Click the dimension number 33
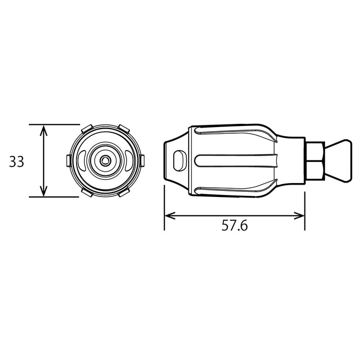tap(17, 162)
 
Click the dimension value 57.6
tap(235, 225)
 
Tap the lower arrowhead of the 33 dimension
tap(44, 192)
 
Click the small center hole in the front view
tap(105, 160)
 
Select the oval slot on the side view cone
tap(179, 159)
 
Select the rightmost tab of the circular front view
tap(142, 160)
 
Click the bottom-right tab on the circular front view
tap(123, 193)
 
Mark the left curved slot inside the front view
tap(84, 160)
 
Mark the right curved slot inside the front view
tap(126, 160)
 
